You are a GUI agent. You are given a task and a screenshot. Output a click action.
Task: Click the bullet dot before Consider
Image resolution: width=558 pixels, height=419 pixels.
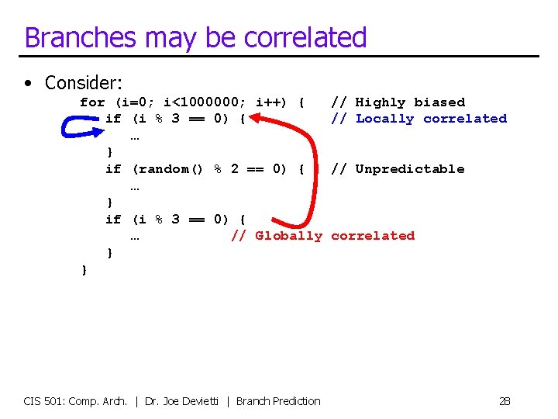pyautogui.click(x=28, y=83)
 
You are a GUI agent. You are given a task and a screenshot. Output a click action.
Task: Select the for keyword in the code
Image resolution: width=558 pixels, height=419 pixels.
pyautogui.click(x=92, y=102)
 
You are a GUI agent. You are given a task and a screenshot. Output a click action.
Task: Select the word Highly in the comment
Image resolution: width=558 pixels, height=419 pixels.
pyautogui.click(x=381, y=102)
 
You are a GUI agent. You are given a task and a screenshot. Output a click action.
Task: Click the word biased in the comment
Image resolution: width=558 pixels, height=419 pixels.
pyautogui.click(x=439, y=102)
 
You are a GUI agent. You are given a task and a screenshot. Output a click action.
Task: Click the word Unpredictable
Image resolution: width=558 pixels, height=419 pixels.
pyautogui.click(x=410, y=169)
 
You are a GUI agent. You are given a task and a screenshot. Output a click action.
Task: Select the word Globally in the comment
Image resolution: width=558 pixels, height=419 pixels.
pyautogui.click(x=288, y=236)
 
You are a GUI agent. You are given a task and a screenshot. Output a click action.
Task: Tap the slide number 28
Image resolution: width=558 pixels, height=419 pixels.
pyautogui.click(x=505, y=401)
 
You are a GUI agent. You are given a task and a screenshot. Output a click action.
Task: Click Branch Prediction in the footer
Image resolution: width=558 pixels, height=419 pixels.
pyautogui.click(x=278, y=401)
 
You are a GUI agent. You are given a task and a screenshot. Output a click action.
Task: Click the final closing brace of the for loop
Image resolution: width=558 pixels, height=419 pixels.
pyautogui.click(x=84, y=269)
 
